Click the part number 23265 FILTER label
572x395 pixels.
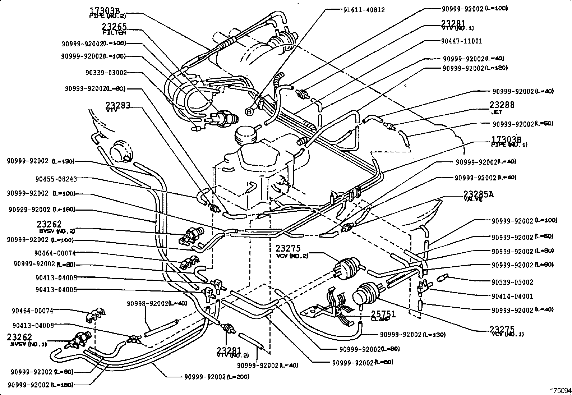coord(114,28)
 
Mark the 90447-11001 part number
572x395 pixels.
coord(461,41)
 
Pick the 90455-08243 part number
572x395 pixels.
coord(56,179)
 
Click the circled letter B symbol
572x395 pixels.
coord(249,112)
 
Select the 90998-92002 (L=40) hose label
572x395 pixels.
coord(157,304)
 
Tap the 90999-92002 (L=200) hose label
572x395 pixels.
coord(217,377)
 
